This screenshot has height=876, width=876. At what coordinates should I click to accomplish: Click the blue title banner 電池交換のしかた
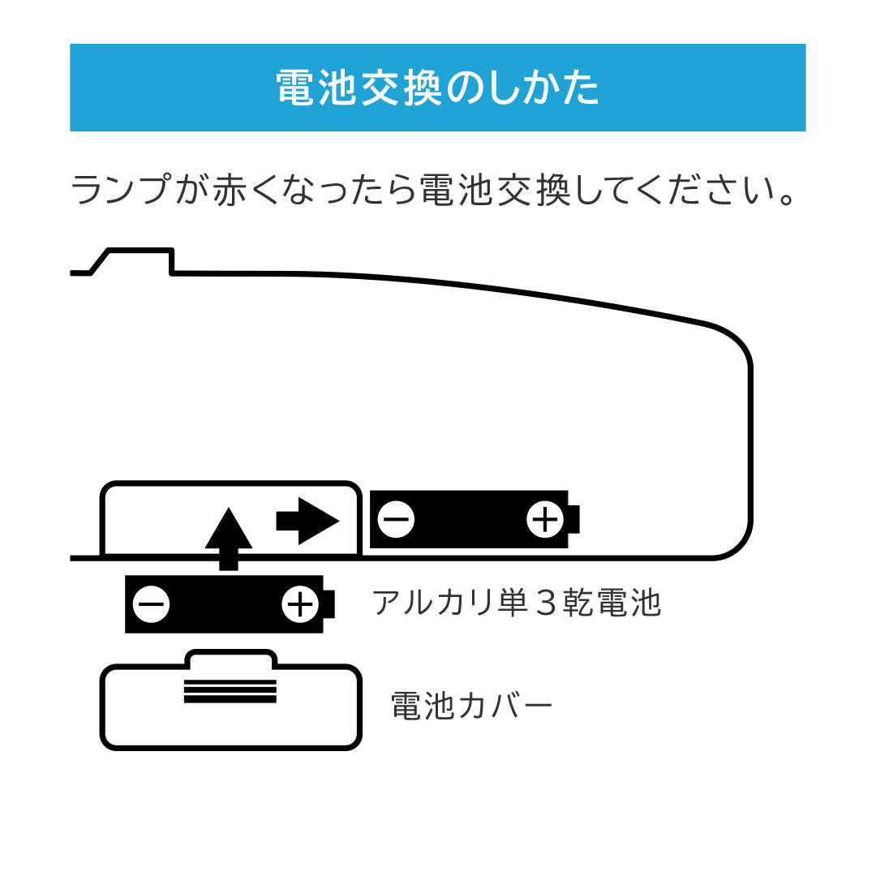pos(438,88)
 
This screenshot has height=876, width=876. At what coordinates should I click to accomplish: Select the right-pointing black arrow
pos(309,521)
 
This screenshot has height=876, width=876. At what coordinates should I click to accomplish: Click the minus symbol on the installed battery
pos(397,520)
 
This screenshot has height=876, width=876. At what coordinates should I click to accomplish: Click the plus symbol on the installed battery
pos(545,520)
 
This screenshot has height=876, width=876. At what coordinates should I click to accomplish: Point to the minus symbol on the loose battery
pos(151,604)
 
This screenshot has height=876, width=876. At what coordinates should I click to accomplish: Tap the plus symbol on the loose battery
pos(299,604)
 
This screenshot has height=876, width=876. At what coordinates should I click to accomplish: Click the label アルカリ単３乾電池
pos(517,603)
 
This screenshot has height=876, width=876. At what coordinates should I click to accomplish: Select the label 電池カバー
pos(471,706)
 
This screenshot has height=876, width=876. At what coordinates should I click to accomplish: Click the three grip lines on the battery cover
pos(230,690)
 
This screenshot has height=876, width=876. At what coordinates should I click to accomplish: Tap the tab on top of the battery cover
pos(230,658)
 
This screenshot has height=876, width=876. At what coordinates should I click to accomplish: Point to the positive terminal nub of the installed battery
pos(575,520)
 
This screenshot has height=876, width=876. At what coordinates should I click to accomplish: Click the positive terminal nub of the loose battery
pos(328,604)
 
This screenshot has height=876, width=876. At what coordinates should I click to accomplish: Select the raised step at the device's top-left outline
pos(140,260)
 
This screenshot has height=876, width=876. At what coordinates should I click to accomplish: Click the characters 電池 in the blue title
pos(317,88)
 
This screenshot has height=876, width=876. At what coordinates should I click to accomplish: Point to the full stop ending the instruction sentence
pos(784,200)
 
